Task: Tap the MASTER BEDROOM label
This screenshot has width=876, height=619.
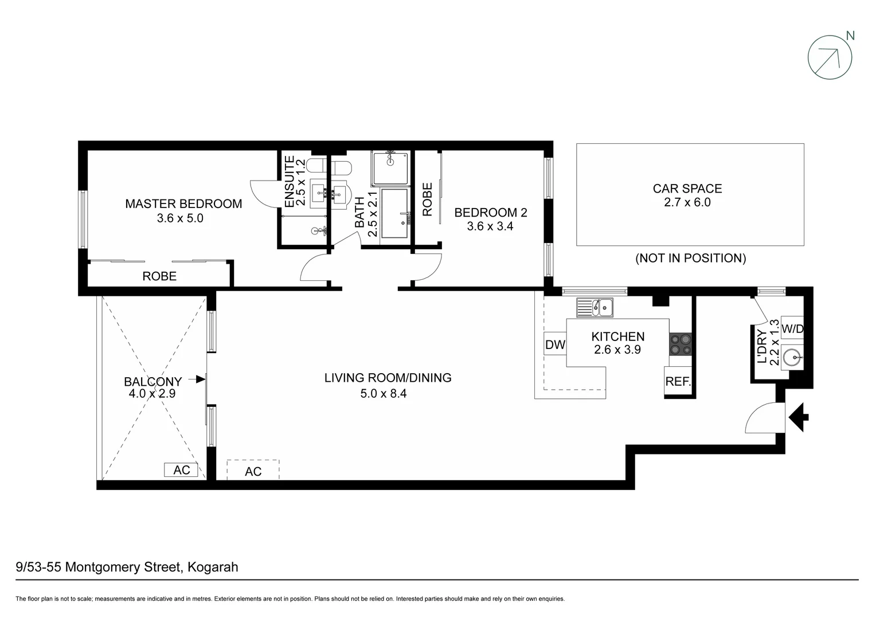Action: point(183,203)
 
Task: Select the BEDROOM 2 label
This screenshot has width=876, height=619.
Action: point(490,213)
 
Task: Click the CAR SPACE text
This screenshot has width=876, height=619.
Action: point(687,189)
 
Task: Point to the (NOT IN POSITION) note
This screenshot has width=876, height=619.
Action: point(690,258)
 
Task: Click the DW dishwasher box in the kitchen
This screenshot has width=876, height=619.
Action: point(554,344)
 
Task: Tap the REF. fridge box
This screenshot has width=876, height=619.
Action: point(678,381)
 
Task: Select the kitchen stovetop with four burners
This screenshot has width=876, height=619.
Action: point(680,344)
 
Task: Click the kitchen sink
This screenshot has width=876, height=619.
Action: point(595,308)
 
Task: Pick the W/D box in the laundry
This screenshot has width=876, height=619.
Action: point(792,329)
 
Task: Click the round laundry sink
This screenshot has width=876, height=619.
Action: point(794,359)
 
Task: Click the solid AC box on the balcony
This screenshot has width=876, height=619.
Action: point(181,470)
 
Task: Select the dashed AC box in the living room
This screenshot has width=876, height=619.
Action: point(253,470)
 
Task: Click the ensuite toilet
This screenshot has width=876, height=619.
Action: point(321,167)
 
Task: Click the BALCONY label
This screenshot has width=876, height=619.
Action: point(152,381)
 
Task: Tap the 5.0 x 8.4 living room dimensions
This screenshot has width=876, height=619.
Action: point(383,393)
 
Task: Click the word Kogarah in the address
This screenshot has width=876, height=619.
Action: point(213,567)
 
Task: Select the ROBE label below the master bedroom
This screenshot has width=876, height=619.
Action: point(159,276)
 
